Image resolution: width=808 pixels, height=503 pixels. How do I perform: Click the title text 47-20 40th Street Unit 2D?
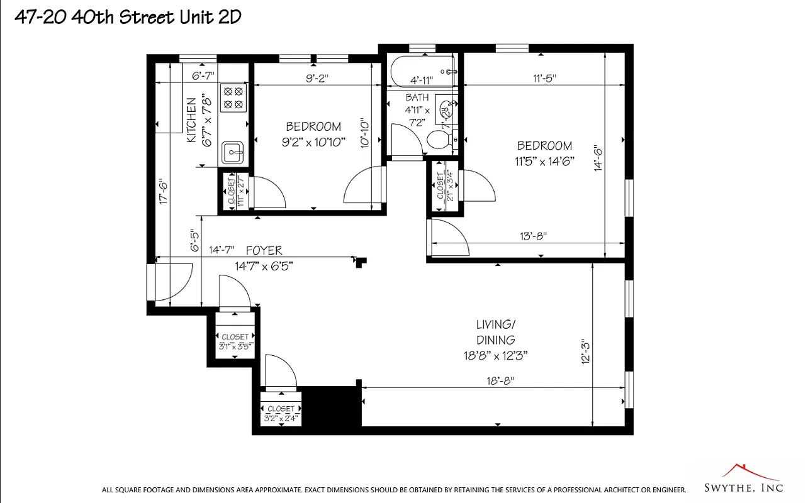click(x=128, y=17)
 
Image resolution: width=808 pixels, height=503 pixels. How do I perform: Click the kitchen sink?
click(x=233, y=152)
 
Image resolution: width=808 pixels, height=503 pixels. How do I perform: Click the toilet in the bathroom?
click(x=439, y=139)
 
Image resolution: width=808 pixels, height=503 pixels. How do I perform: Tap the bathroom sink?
click(x=446, y=112)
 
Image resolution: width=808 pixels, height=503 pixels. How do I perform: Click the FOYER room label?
click(x=264, y=250)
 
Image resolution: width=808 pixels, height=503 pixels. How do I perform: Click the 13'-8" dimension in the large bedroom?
click(x=533, y=236)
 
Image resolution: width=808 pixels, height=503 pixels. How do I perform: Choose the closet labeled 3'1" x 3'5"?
click(x=235, y=342)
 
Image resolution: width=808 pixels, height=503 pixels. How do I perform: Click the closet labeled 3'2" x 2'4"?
click(x=281, y=413)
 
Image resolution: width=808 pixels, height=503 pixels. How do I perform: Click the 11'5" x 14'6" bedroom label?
click(x=544, y=153)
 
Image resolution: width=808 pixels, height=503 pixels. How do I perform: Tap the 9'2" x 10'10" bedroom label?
click(x=313, y=134)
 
